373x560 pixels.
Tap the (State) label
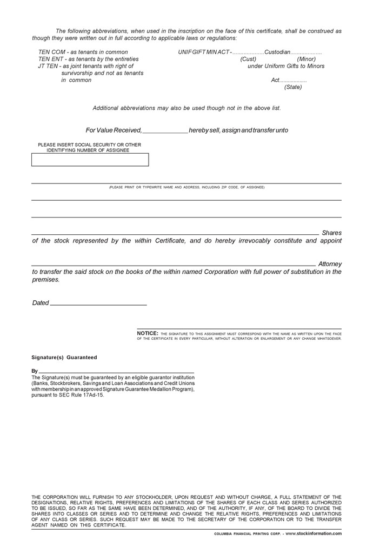[x=293, y=87]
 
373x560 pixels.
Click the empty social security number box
[x=90, y=160]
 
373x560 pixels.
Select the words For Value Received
[x=114, y=130]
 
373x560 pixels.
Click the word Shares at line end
[x=331, y=233]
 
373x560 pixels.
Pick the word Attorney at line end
[x=330, y=264]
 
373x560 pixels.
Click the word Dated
[x=41, y=303]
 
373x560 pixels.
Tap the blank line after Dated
[x=98, y=305]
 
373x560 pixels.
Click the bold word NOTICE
[x=148, y=333]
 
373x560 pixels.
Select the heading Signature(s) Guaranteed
[x=64, y=358]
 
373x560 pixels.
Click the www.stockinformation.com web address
[x=314, y=533]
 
